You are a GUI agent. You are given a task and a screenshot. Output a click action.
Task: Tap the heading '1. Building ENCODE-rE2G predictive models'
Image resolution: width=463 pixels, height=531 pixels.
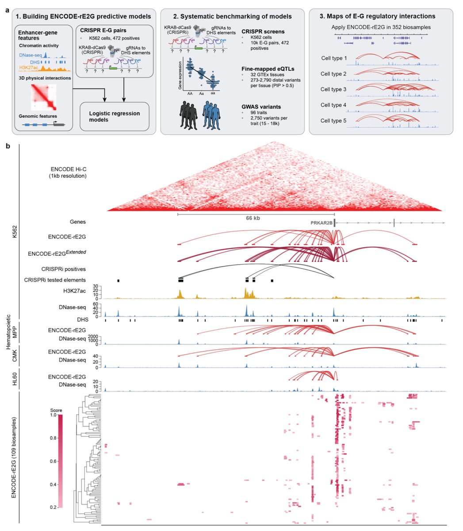pyautogui.click(x=83, y=16)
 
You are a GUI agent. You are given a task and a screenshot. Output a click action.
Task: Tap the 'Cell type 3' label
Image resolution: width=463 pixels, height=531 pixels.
pyautogui.click(x=334, y=89)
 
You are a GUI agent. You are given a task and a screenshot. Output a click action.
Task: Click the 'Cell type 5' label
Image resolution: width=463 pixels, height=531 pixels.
pyautogui.click(x=334, y=120)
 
